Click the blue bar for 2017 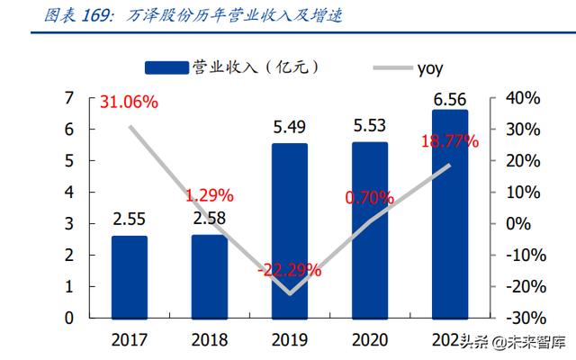(x=129, y=276)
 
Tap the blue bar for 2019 (x=290, y=230)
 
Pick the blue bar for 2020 (x=370, y=229)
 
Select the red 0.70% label (x=369, y=196)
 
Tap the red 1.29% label (x=209, y=193)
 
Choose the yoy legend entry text (x=429, y=67)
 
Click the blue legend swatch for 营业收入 (x=167, y=67)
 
